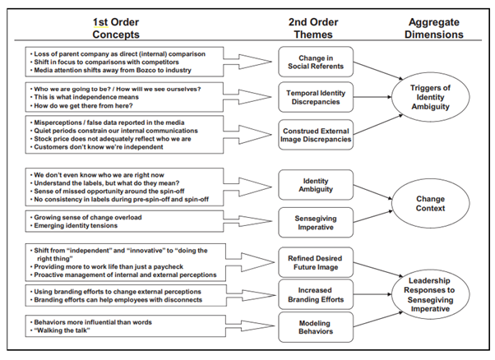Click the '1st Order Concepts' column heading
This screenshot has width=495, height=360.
pyautogui.click(x=116, y=28)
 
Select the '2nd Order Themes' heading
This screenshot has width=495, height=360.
pyautogui.click(x=313, y=28)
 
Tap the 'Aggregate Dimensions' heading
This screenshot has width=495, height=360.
pyautogui.click(x=434, y=28)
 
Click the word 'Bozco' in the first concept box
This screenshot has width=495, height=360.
pyautogui.click(x=146, y=70)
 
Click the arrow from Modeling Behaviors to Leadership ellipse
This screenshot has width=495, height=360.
pyautogui.click(x=378, y=320)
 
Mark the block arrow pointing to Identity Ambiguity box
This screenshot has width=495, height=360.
pyautogui.click(x=247, y=187)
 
